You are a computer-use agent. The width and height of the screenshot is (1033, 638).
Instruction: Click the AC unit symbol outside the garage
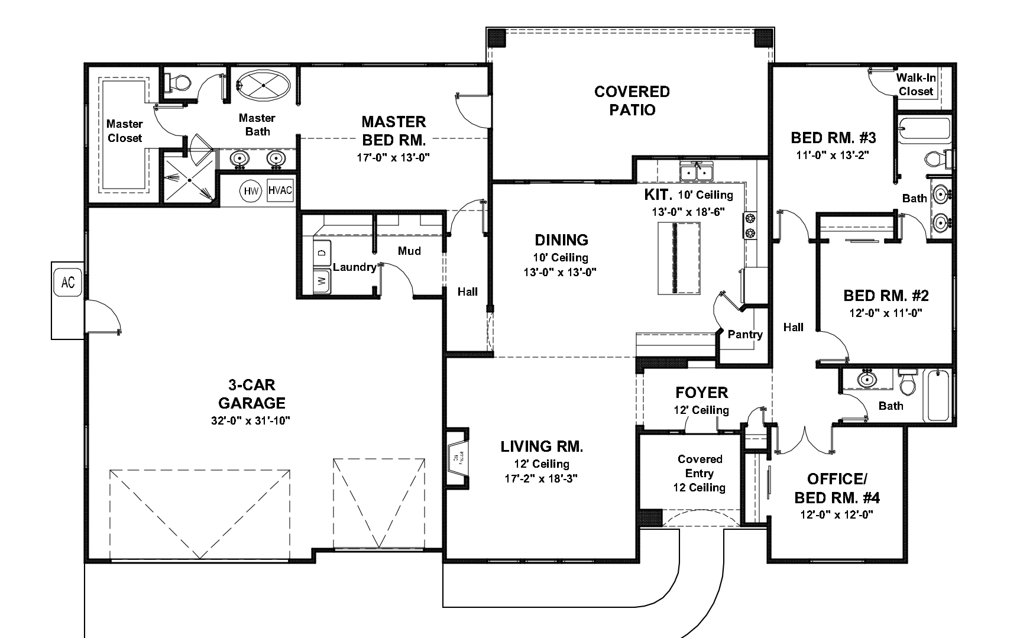point(68,283)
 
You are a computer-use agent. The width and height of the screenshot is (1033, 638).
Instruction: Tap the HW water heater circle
point(251,191)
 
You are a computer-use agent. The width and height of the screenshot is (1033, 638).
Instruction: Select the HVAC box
point(280,190)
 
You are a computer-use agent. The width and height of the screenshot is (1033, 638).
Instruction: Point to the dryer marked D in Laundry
point(322,252)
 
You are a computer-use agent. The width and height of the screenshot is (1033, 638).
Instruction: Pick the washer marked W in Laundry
point(322,280)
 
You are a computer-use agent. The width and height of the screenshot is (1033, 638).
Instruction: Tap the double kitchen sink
point(697,172)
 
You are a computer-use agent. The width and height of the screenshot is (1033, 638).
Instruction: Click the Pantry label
point(745,335)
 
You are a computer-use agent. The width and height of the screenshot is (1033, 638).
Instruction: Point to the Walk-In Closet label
point(916,85)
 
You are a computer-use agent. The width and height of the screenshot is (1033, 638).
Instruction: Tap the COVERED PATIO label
point(632,101)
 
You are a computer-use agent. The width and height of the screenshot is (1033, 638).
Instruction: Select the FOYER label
point(701,393)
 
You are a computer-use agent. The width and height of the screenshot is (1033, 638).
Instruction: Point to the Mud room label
point(409,251)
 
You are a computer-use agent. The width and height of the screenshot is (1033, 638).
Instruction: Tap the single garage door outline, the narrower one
point(379,503)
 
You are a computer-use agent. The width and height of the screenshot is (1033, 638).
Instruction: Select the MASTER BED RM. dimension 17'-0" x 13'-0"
point(393,158)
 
